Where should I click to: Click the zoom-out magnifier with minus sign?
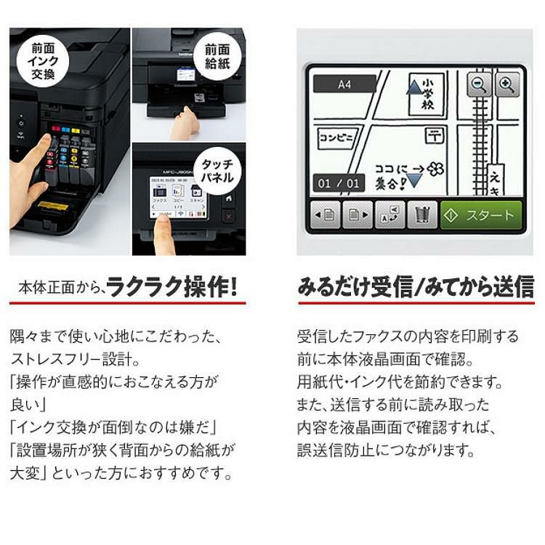(x=479, y=86)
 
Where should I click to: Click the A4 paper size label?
(x=344, y=84)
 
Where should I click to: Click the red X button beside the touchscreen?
(x=229, y=217)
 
